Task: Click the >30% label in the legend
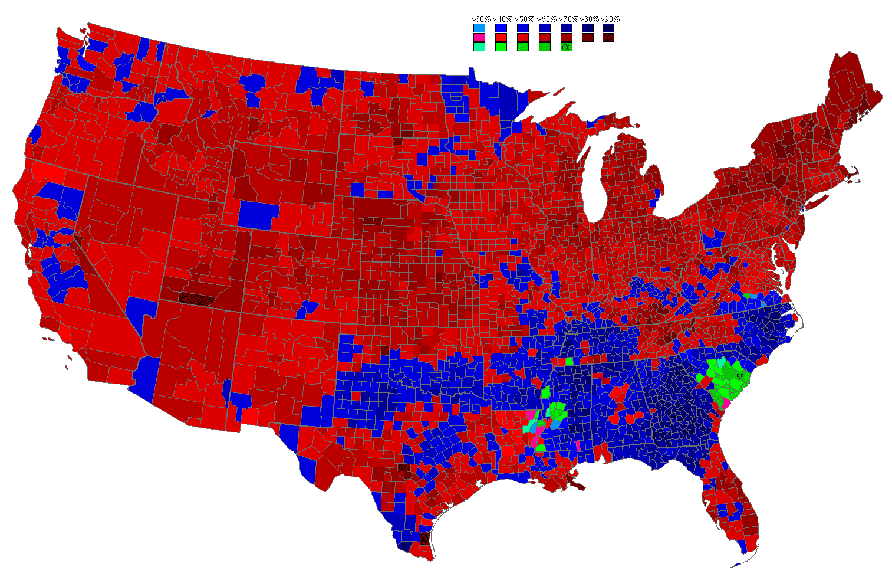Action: click(481, 19)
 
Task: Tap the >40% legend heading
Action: click(502, 19)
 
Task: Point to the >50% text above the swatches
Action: click(524, 19)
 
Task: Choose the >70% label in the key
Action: click(568, 19)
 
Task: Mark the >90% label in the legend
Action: click(610, 19)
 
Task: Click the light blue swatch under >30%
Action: click(479, 28)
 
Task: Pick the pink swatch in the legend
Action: click(479, 37)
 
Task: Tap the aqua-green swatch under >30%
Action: click(479, 47)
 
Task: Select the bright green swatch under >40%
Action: click(501, 47)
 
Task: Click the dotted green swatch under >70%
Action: click(567, 47)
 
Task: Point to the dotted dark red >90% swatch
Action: click(608, 37)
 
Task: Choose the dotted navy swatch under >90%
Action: click(608, 28)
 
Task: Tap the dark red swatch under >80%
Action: click(587, 37)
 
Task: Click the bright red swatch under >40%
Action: click(501, 37)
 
